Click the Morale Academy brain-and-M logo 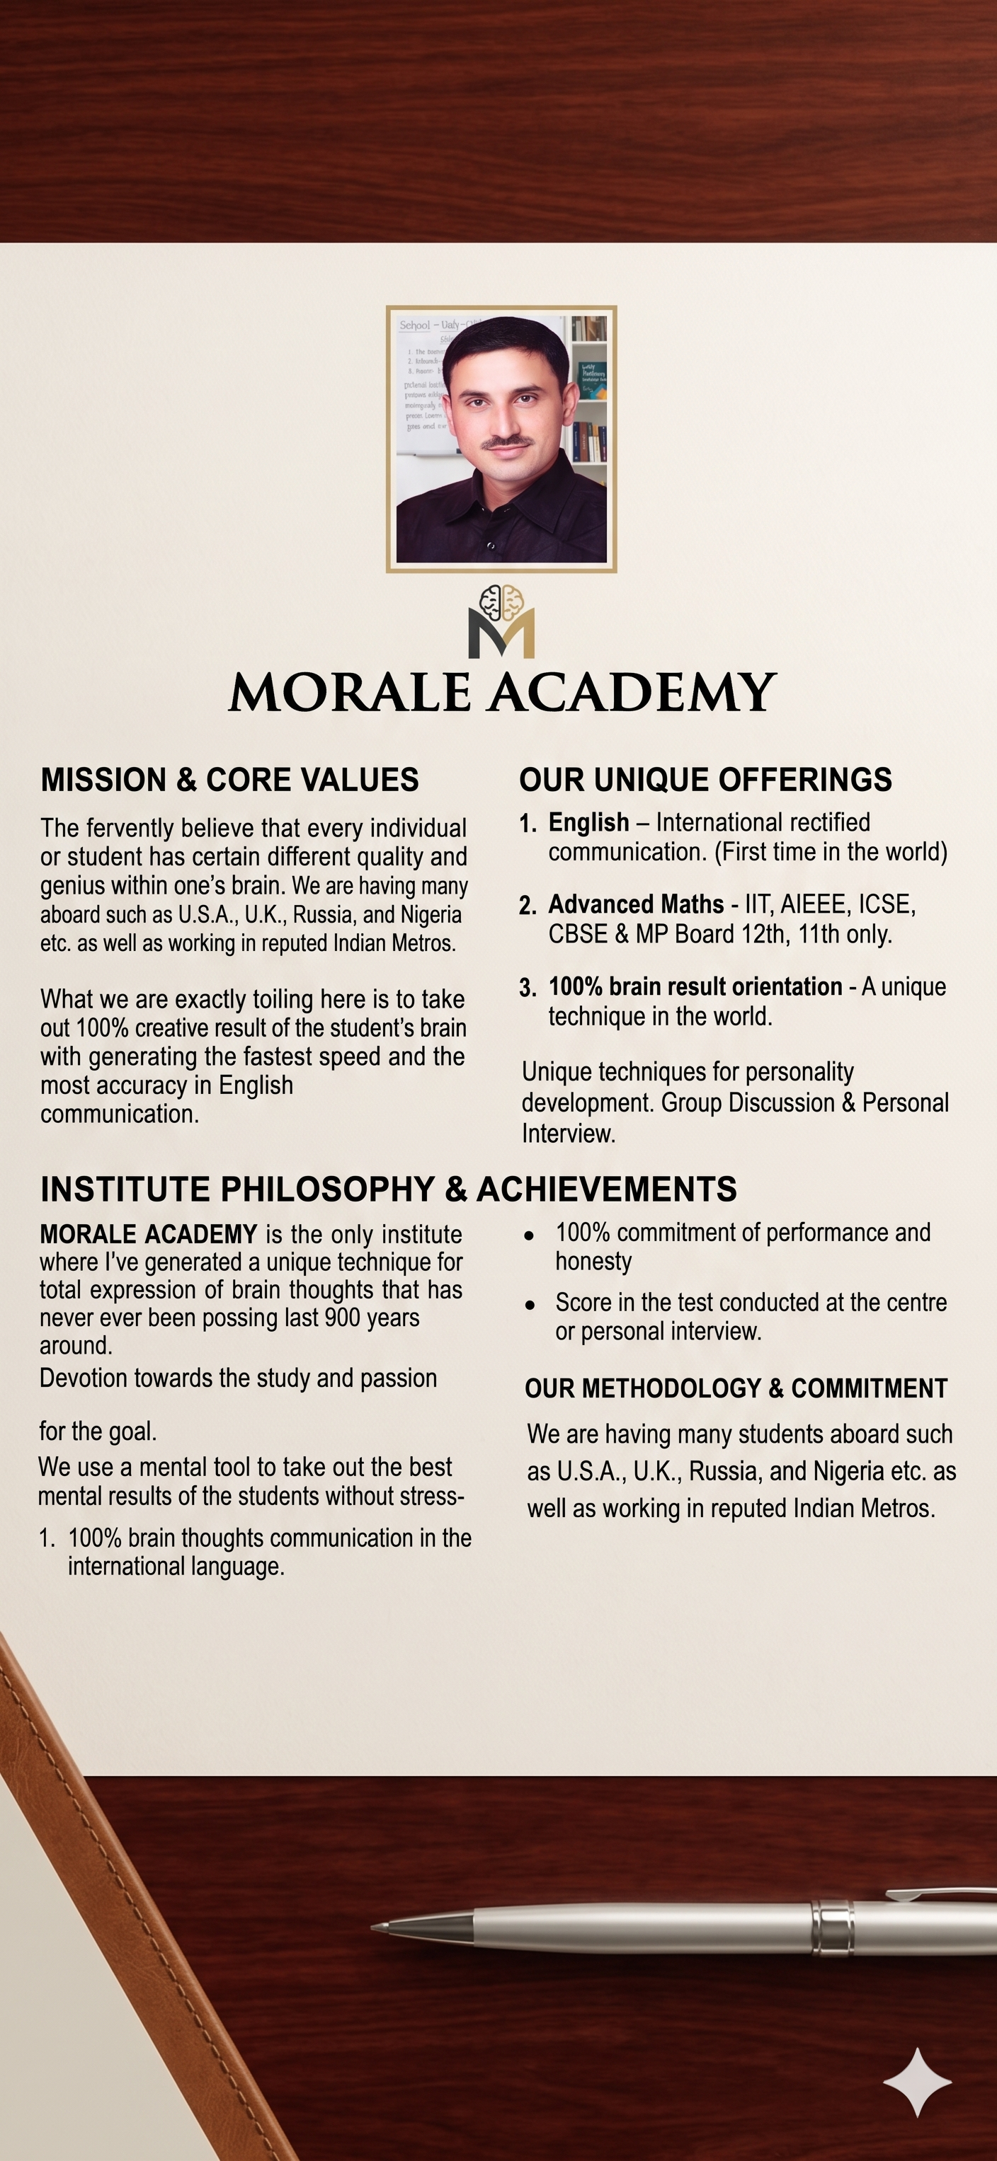(501, 621)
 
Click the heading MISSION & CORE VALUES (230, 780)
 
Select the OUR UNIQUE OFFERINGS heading (705, 780)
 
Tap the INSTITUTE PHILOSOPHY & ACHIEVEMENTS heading (389, 1189)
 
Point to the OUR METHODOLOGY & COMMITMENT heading (735, 1388)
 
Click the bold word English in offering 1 (588, 823)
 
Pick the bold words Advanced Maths (635, 904)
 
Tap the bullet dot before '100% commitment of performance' (529, 1235)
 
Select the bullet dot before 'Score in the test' (529, 1306)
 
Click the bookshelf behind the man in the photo (589, 394)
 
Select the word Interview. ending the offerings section (569, 1134)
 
